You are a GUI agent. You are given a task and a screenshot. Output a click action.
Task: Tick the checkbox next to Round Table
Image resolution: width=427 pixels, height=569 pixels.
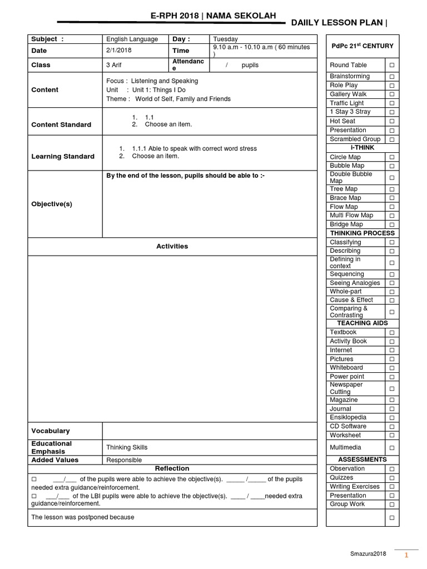click(x=391, y=66)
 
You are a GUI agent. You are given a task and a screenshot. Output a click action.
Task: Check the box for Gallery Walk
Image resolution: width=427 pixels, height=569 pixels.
click(x=391, y=94)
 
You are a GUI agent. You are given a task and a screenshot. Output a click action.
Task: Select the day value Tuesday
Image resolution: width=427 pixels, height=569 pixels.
click(x=225, y=39)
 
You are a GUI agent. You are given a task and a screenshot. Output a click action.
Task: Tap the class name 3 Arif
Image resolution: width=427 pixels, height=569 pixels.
click(x=113, y=65)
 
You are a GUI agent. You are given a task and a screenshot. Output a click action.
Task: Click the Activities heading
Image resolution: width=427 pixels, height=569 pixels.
click(x=172, y=246)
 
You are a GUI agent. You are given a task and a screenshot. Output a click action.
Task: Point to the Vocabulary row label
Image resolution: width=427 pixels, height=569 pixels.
click(x=51, y=431)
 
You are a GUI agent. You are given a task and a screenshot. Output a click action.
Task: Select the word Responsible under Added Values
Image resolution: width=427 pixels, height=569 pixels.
click(x=124, y=460)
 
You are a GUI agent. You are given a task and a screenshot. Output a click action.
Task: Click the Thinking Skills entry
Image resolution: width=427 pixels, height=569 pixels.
click(x=127, y=447)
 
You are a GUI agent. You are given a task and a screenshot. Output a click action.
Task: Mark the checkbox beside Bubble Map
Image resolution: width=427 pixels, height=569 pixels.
click(x=391, y=166)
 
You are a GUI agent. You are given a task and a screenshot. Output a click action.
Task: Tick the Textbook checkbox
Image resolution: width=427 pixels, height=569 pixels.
click(x=391, y=332)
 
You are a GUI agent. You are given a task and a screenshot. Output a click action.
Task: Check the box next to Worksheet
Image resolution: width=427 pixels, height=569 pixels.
click(x=391, y=436)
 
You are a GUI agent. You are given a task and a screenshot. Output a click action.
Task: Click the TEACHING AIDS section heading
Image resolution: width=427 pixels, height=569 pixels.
click(x=362, y=323)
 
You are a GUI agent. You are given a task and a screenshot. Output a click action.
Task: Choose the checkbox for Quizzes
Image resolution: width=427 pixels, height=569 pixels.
click(x=391, y=478)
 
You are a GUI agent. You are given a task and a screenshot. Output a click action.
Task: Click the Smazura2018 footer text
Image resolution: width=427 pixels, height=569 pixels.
click(x=368, y=554)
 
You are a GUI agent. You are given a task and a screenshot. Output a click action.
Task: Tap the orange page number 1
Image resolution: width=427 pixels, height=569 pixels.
click(x=406, y=555)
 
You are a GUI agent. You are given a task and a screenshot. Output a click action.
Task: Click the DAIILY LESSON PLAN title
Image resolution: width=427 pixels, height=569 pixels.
click(x=339, y=22)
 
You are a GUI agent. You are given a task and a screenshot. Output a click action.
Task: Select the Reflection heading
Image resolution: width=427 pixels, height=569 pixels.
click(x=172, y=468)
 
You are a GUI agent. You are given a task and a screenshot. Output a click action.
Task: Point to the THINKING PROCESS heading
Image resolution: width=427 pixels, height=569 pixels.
click(x=362, y=233)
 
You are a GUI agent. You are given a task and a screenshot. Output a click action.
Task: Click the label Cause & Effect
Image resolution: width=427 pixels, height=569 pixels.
click(x=351, y=300)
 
